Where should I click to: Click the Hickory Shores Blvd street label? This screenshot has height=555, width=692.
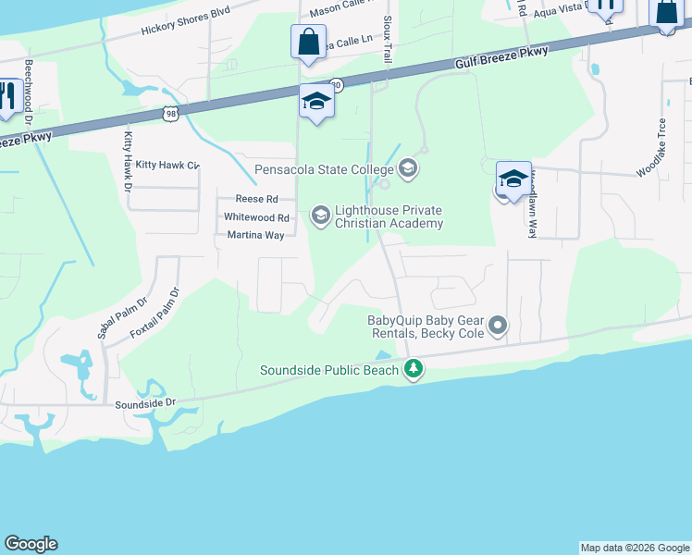[185, 21]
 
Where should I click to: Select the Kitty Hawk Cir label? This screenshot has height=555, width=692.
[167, 165]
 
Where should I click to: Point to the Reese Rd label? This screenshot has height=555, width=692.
[256, 199]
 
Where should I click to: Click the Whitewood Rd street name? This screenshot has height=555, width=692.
[257, 217]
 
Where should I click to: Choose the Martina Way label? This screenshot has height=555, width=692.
[255, 236]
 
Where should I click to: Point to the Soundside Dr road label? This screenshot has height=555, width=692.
[145, 404]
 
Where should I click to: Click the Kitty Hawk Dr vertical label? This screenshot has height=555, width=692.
[129, 162]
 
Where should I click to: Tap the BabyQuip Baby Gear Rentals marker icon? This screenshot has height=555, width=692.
[499, 325]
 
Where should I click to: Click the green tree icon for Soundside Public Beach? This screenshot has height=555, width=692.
[413, 370]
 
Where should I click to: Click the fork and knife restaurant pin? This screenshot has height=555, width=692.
[8, 96]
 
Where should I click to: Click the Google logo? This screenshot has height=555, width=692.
[31, 544]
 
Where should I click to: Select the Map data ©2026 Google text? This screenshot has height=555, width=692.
[635, 548]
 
